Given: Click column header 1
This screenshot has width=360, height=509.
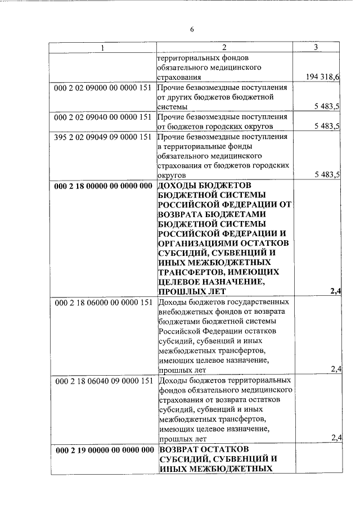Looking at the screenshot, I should point(102,48).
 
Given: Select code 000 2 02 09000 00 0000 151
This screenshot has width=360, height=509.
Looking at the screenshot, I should point(103,88).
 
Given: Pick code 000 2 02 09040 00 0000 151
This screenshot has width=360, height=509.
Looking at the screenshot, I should point(103,116).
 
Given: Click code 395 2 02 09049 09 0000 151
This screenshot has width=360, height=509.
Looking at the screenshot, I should point(103,136).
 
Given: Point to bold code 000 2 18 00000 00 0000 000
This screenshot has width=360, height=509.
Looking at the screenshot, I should point(103,186).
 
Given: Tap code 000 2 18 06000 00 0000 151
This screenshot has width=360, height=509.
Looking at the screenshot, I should point(103,303).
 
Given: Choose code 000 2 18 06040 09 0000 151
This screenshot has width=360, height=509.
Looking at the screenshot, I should point(103,381).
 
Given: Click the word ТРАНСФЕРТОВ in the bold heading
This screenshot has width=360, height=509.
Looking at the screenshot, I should point(193,272).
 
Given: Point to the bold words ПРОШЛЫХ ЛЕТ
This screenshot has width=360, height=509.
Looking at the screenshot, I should point(192,291).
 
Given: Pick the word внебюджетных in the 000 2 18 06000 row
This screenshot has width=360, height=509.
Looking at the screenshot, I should point(185,312).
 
